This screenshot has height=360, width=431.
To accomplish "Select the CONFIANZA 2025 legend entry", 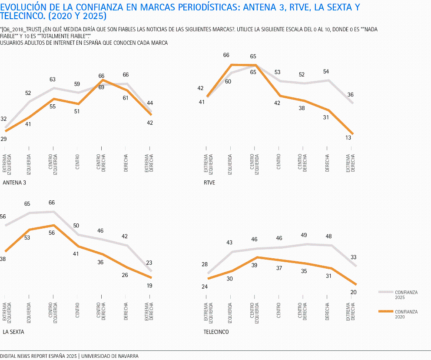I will (x=406, y=295).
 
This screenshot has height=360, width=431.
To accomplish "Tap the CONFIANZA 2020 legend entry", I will (x=406, y=314).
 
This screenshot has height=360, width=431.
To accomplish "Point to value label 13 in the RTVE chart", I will (x=348, y=137).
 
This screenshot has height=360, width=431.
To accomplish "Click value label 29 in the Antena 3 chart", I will (x=3, y=139).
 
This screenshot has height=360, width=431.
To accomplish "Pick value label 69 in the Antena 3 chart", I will (x=101, y=87).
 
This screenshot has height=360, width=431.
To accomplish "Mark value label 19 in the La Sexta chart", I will (x=149, y=286).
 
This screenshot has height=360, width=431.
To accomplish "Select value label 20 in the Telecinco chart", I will (x=353, y=292).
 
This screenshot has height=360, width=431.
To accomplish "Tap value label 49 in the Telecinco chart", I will (x=304, y=235).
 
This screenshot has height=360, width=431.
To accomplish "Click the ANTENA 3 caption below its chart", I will (x=14, y=183).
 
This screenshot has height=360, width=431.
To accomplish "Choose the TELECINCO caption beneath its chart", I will (x=216, y=332).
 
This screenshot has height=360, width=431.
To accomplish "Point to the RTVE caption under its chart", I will (x=209, y=183).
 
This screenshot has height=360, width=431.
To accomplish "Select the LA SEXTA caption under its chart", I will (x=13, y=332).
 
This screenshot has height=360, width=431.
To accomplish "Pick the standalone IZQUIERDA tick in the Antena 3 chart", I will (x=29, y=163).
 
